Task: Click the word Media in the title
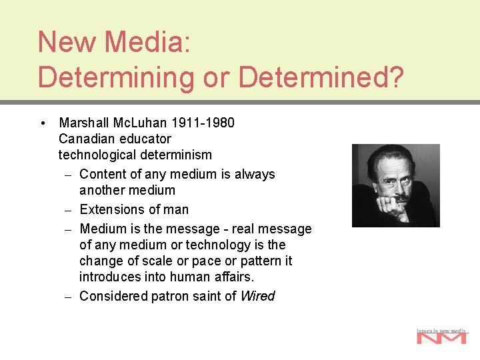coord(143,42)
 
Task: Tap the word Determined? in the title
coord(321,77)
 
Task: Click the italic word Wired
coord(257,296)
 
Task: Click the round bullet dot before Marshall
coord(43,123)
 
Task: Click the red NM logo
coord(441,338)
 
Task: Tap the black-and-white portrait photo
coord(395,185)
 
